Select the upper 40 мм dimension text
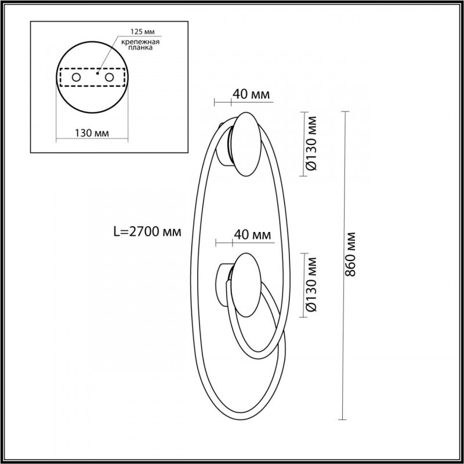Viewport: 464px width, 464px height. click(252, 93)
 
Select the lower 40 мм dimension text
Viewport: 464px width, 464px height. click(252, 235)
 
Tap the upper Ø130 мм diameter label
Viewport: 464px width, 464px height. click(311, 143)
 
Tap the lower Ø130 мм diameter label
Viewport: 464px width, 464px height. click(311, 284)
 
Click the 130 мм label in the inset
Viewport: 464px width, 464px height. click(93, 133)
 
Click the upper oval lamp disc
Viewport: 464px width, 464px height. click(247, 143)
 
